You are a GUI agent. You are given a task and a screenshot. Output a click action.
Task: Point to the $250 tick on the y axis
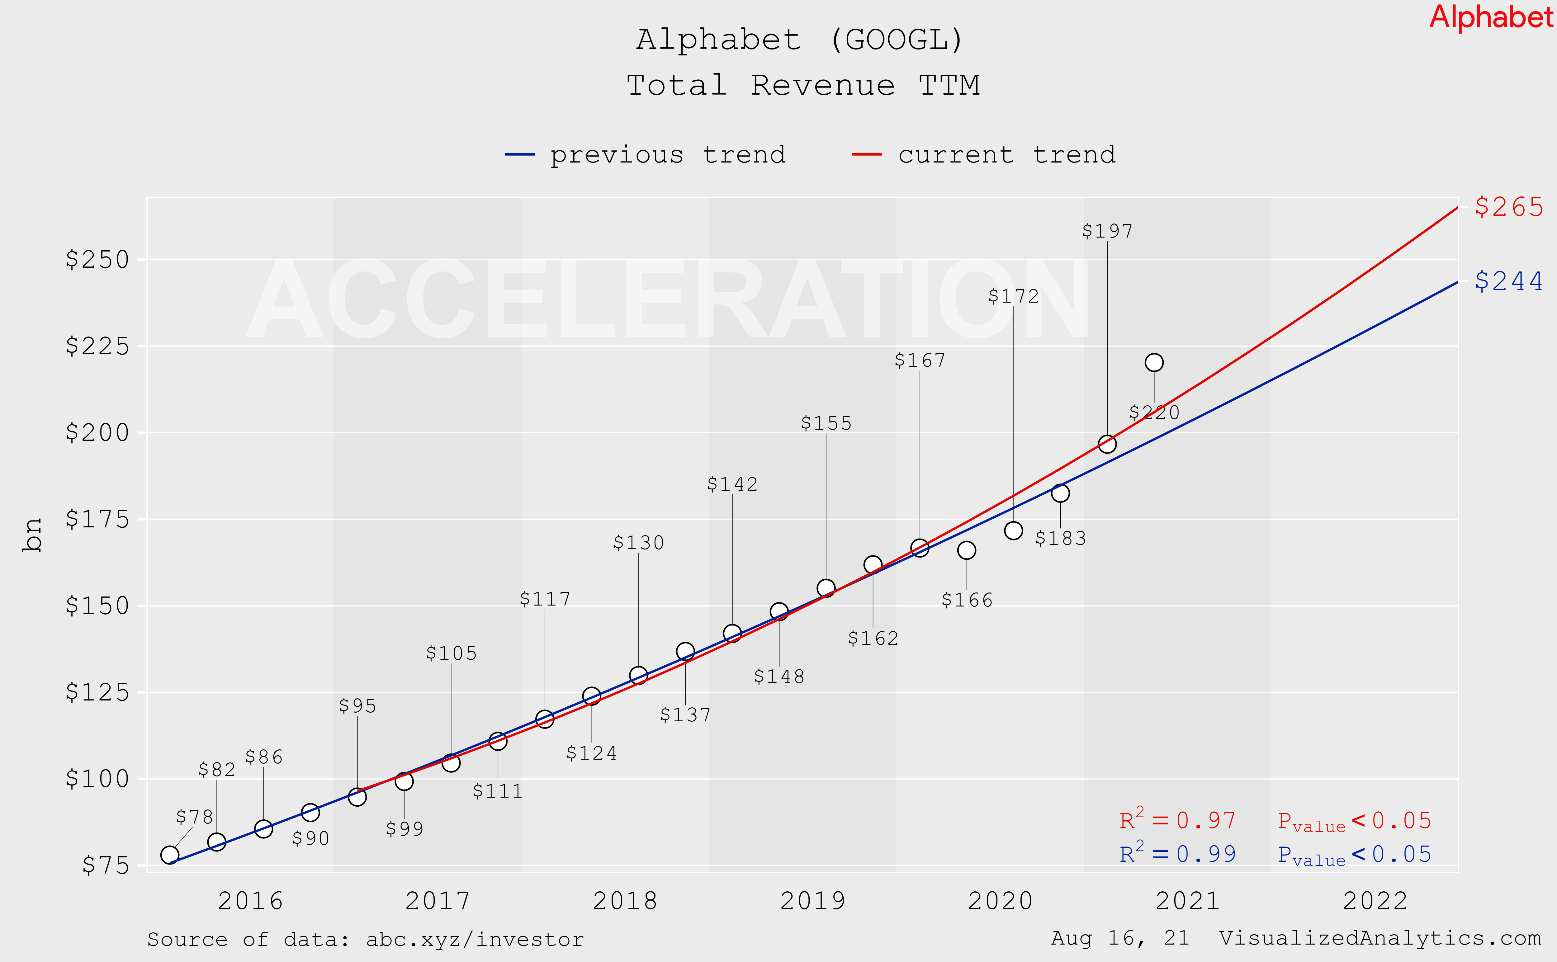click(x=97, y=260)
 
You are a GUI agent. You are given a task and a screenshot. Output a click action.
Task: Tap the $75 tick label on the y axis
click(x=106, y=865)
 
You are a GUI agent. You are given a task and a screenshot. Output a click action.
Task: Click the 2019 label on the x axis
click(x=812, y=901)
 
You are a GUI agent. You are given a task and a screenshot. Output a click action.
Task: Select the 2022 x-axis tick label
click(x=1375, y=901)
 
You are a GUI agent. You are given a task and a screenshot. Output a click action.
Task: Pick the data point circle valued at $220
click(x=1154, y=363)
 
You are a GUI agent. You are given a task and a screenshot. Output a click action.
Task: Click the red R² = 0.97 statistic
click(x=1177, y=820)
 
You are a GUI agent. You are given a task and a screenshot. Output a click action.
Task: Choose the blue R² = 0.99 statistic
click(x=1177, y=854)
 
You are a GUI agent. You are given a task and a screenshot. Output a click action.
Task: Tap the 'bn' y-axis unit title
click(x=32, y=535)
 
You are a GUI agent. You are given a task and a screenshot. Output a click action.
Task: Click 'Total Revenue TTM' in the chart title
click(x=803, y=85)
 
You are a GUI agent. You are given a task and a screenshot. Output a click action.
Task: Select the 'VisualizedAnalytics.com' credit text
click(x=1380, y=938)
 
